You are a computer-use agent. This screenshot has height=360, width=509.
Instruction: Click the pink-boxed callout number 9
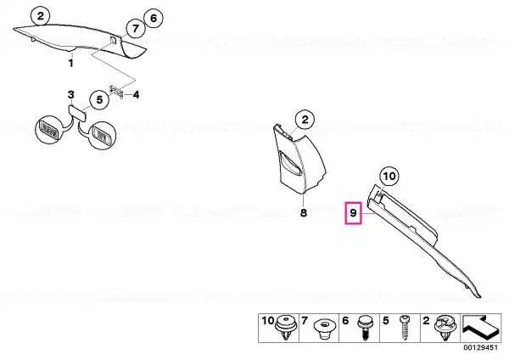click(353, 213)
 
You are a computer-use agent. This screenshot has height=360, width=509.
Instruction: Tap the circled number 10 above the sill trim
click(389, 177)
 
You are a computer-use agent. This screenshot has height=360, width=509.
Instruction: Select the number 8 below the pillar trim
click(303, 213)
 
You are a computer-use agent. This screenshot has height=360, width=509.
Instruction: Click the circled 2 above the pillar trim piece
click(305, 120)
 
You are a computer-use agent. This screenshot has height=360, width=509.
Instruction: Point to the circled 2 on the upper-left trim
click(40, 16)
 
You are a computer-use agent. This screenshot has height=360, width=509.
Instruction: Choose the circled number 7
click(136, 29)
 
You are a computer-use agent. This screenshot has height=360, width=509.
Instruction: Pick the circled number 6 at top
click(154, 18)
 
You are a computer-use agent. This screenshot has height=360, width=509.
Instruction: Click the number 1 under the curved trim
click(71, 63)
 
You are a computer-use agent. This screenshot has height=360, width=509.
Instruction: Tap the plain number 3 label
click(70, 95)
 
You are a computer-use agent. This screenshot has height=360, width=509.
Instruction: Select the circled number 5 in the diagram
click(99, 99)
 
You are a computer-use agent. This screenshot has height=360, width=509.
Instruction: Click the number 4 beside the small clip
click(137, 95)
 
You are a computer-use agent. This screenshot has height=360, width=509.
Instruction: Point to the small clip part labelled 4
click(116, 92)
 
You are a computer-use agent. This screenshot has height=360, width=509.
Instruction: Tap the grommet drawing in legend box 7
click(325, 329)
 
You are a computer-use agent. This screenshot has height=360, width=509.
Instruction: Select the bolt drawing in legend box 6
click(365, 328)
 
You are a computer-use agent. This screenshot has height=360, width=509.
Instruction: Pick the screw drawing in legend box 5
click(405, 328)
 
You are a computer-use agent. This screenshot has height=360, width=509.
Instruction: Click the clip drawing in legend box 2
click(446, 328)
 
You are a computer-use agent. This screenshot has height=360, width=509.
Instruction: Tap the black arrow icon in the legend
click(480, 329)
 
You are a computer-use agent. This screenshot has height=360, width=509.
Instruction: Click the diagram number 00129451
click(480, 347)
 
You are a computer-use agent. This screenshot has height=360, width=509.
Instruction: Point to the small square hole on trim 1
click(114, 40)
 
